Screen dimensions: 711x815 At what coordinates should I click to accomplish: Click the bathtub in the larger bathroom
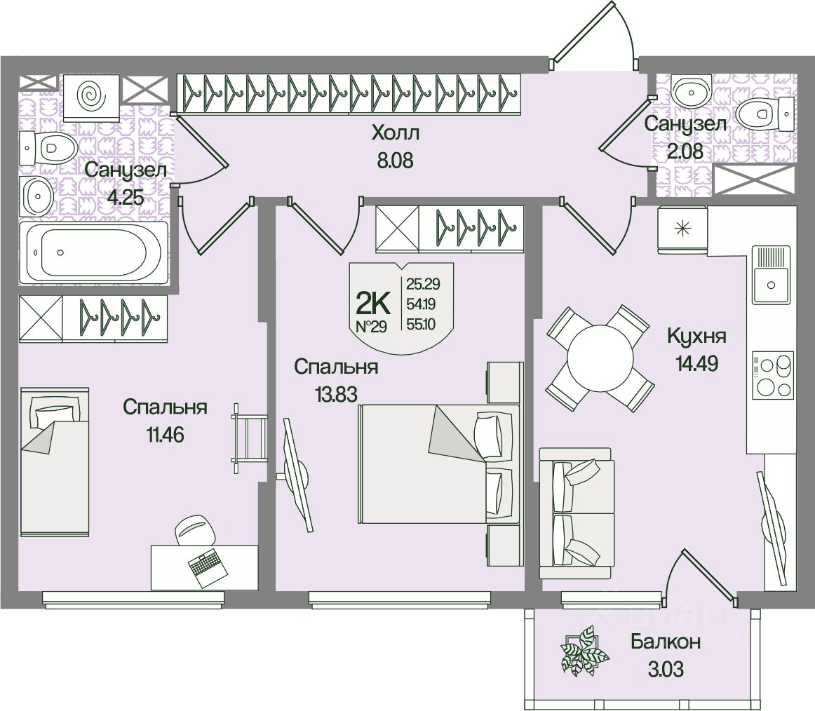tap(94, 252)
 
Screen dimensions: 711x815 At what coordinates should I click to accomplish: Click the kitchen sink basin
tap(771, 284)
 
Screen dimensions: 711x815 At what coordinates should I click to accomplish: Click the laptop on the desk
tap(207, 567)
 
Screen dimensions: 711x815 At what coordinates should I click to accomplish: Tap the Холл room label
tap(395, 133)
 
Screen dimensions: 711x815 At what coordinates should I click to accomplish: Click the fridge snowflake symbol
tap(681, 228)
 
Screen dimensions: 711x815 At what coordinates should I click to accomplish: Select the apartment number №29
tap(372, 327)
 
